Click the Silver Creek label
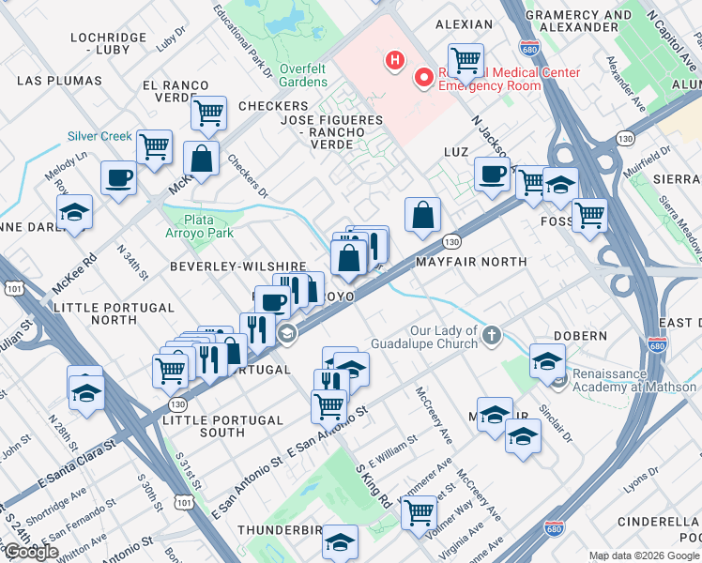[99, 136]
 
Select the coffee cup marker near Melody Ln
[118, 177]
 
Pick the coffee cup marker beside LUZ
[492, 173]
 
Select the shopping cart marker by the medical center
[465, 61]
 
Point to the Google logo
[31, 552]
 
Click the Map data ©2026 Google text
[644, 555]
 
